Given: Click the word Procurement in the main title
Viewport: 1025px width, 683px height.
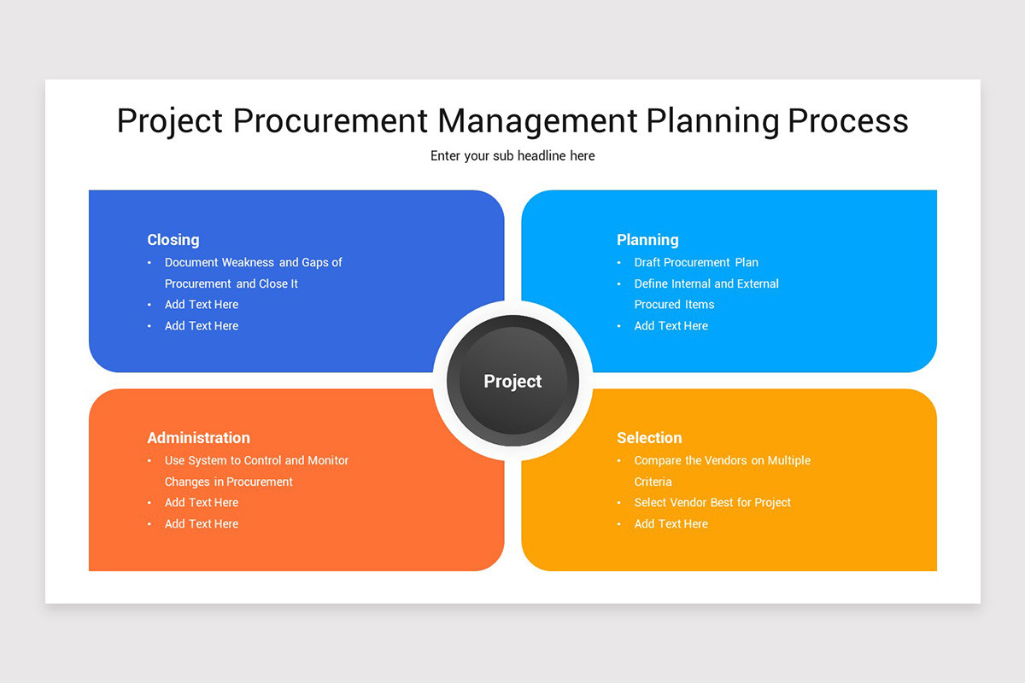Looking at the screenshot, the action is [331, 120].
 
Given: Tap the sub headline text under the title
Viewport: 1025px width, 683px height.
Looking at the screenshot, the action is [512, 156].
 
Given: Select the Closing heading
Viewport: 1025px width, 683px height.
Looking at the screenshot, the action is [173, 240].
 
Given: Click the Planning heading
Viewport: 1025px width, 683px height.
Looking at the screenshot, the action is [647, 240].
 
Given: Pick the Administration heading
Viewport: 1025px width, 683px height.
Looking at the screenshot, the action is [198, 438].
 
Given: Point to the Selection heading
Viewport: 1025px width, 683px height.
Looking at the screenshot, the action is [649, 438].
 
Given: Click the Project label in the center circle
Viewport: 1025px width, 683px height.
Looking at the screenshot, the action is [512, 381].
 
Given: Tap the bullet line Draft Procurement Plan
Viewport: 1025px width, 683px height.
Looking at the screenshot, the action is [696, 263].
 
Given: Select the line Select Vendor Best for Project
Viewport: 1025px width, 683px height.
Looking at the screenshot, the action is [712, 502].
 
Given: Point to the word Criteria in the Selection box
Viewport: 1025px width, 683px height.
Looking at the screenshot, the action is [653, 482].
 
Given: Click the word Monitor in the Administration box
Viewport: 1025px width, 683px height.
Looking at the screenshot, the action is [328, 460].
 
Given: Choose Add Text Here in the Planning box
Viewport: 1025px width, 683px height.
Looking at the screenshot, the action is [671, 326].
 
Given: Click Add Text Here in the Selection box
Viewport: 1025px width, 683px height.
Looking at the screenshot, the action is [671, 524].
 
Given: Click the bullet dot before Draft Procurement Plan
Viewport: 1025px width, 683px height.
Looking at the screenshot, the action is [618, 263].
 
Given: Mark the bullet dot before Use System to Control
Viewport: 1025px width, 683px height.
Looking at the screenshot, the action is [149, 460].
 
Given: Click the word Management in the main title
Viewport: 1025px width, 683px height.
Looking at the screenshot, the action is [537, 120].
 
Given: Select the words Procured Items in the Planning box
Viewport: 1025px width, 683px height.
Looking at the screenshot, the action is [674, 305].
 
